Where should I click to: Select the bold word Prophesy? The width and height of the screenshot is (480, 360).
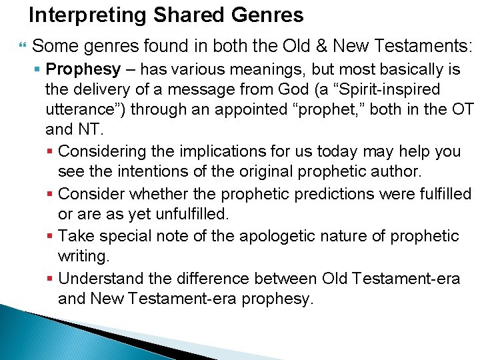coord(83,69)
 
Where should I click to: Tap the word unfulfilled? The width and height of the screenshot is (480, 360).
coord(179,215)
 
